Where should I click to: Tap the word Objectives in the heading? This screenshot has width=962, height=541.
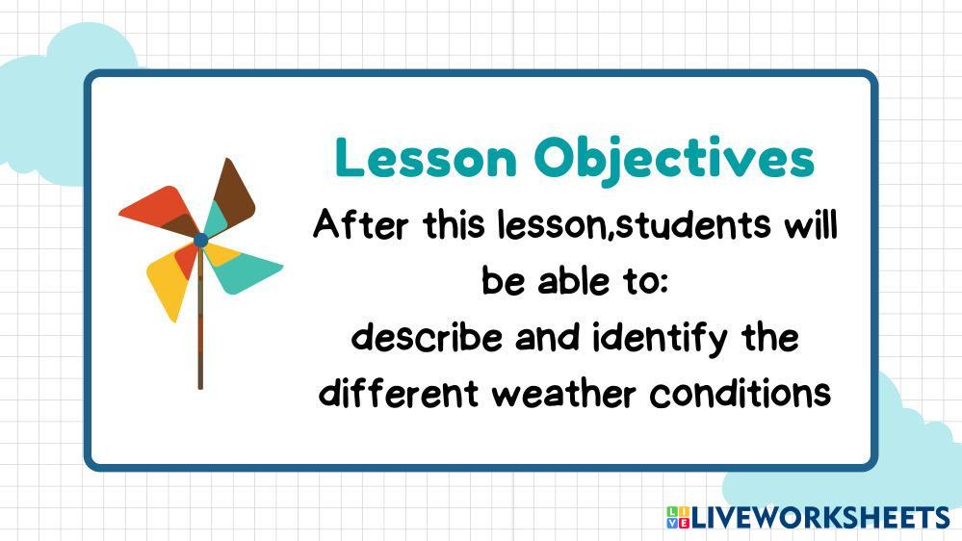click(674, 161)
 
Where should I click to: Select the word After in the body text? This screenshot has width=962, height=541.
click(360, 224)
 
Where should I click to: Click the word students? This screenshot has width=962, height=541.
click(693, 224)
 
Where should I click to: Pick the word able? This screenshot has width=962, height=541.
click(574, 281)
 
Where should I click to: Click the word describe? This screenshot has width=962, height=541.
click(427, 337)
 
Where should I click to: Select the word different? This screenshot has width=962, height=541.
click(399, 392)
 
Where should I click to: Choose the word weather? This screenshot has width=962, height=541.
click(564, 393)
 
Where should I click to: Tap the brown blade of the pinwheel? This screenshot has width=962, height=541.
click(233, 193)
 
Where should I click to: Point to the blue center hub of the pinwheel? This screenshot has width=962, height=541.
click(200, 241)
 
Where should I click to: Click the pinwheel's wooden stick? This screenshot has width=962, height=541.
click(200, 318)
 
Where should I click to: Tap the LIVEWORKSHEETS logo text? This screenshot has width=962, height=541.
click(820, 518)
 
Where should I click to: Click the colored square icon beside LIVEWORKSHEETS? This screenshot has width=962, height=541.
click(678, 517)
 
